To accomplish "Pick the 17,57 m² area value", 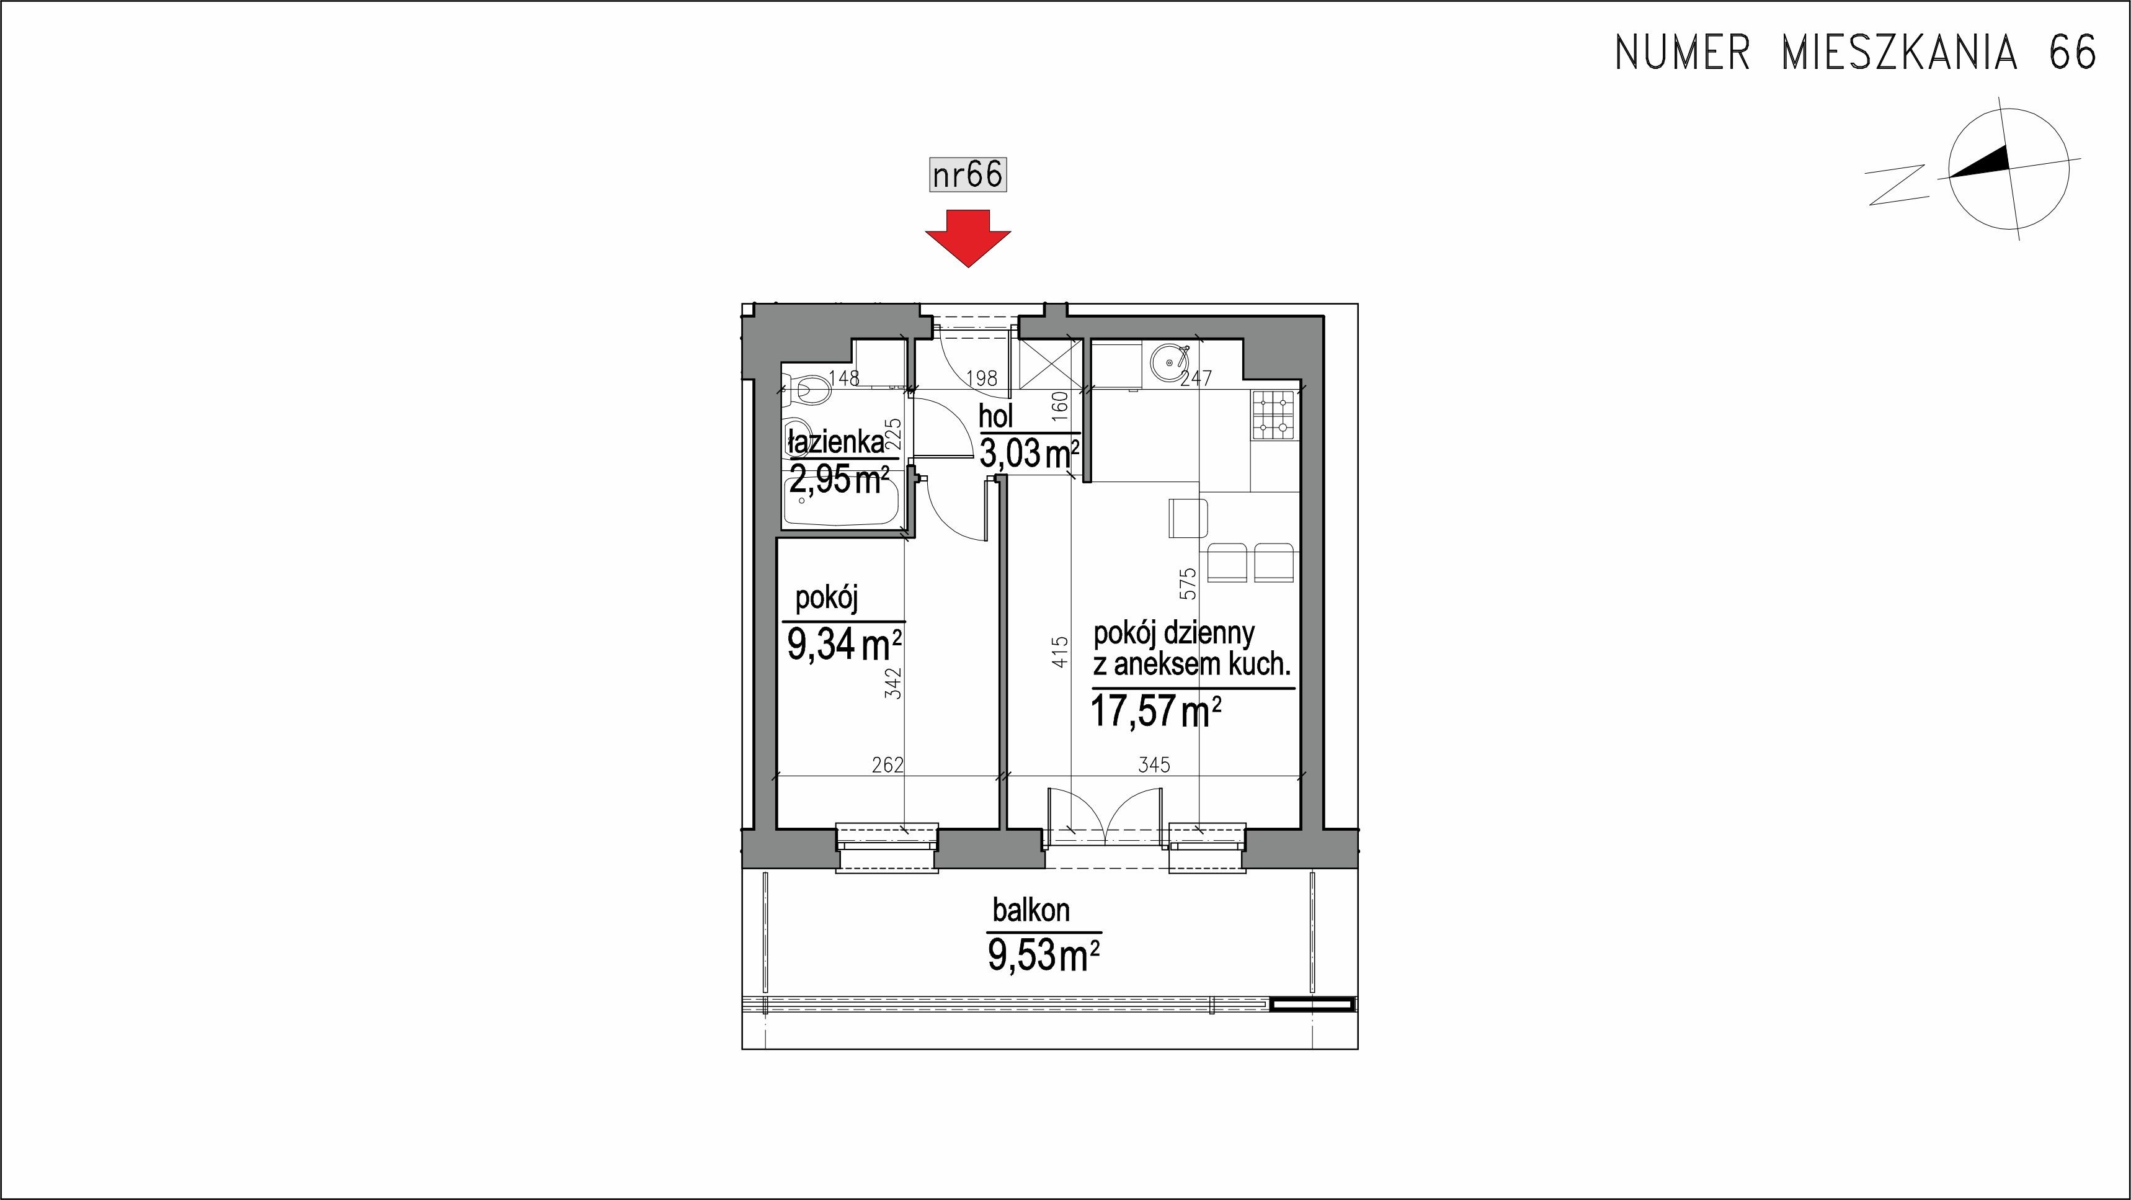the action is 1157,710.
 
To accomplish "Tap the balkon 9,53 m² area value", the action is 1044,955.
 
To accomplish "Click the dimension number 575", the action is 1188,583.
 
